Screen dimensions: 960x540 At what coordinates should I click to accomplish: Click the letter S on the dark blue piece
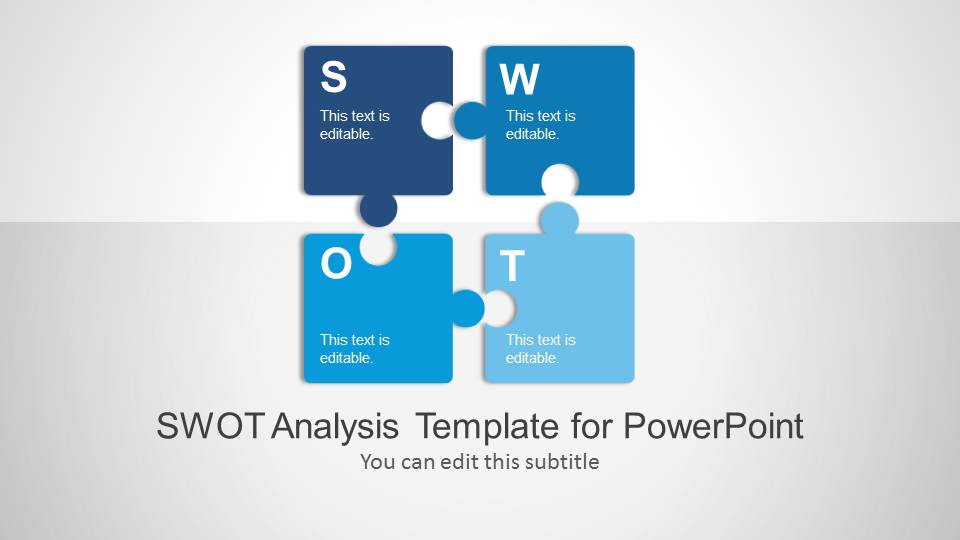334,77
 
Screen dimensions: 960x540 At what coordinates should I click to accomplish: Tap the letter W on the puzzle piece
519,79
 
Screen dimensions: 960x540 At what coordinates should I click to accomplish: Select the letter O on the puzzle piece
336,263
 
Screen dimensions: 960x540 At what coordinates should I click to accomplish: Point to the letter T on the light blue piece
512,265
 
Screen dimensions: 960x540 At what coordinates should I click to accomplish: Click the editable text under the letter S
354,125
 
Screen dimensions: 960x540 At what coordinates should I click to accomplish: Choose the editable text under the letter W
541,125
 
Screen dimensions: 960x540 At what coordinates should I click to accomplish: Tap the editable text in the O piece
354,349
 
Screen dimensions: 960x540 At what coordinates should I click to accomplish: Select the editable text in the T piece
541,349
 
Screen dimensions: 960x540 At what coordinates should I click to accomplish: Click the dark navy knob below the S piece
378,209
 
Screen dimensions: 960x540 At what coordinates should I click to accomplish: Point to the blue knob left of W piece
470,120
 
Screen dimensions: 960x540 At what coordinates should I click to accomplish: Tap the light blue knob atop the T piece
559,219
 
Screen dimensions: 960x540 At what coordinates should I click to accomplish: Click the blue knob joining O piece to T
468,308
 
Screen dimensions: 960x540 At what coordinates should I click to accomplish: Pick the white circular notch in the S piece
437,120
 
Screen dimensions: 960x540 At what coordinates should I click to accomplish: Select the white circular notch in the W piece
560,180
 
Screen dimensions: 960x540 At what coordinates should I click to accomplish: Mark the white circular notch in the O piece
378,248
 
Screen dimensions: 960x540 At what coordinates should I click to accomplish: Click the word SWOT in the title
211,426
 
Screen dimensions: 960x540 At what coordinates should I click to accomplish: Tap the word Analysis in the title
335,427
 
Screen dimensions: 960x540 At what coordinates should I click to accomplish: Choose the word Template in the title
487,427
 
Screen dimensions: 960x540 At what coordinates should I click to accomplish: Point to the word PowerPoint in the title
713,426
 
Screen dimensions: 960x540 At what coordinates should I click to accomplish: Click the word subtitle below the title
562,462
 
